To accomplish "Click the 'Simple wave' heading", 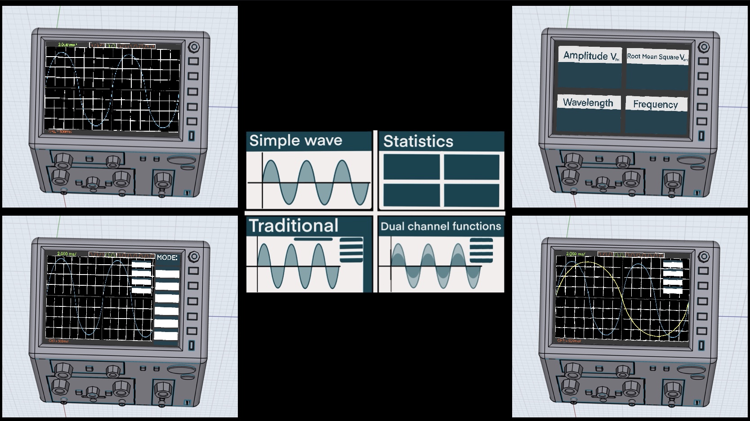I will (x=295, y=141).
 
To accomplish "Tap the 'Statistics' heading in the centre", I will (x=418, y=142).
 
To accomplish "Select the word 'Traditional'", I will (x=293, y=226).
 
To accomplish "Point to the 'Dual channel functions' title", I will (x=441, y=226).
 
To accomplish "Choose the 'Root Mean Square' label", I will (x=657, y=57).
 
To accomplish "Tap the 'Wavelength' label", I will (x=588, y=103).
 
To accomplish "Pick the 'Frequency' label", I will (x=656, y=104).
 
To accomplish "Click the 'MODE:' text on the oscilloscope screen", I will (x=167, y=258).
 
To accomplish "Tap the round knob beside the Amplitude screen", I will (x=704, y=47).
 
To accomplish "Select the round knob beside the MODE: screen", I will (x=194, y=257).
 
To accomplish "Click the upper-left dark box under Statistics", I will (x=411, y=166).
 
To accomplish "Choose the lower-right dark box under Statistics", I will (x=472, y=195).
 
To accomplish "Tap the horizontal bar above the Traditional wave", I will (x=313, y=239).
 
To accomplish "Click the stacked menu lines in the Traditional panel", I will (x=351, y=250).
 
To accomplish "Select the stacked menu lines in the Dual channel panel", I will (x=481, y=250).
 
